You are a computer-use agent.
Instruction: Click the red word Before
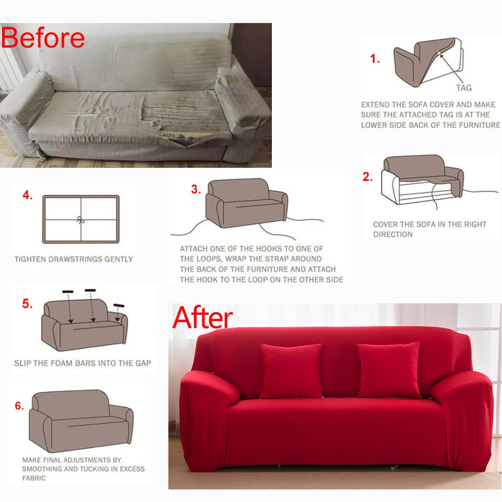tap(43, 38)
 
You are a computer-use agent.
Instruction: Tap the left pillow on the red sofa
tap(291, 371)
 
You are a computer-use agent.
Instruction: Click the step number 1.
tap(374, 59)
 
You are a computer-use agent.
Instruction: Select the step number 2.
tap(368, 177)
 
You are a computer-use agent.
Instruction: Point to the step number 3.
tap(196, 189)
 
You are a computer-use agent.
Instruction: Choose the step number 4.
tap(28, 195)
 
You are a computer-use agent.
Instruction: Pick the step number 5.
tap(27, 303)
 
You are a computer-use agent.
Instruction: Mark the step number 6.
tap(19, 406)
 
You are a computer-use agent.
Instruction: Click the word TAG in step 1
tap(464, 88)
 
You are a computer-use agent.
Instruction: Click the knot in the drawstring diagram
tap(81, 220)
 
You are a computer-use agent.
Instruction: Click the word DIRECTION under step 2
tap(393, 234)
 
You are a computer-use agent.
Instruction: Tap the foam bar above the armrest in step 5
tap(119, 305)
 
